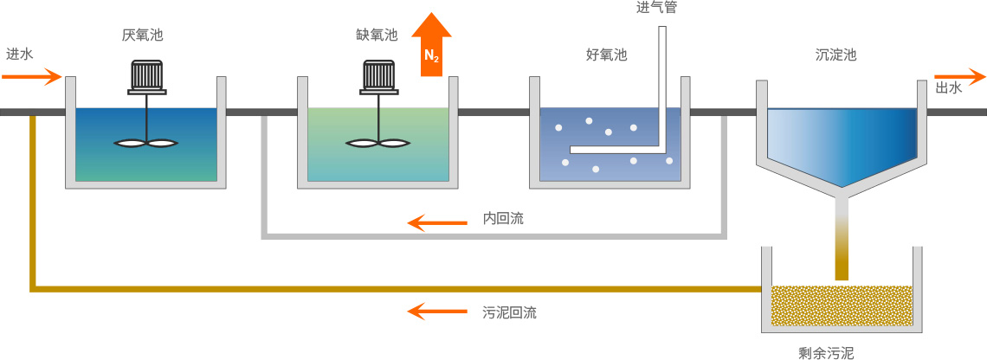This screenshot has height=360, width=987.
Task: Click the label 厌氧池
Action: click(x=143, y=35)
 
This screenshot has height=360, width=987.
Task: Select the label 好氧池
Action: click(x=606, y=55)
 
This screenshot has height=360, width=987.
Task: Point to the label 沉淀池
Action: click(x=835, y=55)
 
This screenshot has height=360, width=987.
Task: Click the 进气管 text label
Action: click(x=656, y=9)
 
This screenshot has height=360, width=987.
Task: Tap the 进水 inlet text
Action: click(x=19, y=54)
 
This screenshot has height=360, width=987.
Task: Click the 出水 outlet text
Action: click(x=949, y=88)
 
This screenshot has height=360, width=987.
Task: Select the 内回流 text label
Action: click(x=503, y=219)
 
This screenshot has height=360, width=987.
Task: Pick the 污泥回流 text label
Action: click(x=509, y=312)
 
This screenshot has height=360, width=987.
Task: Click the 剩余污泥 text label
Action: click(x=826, y=352)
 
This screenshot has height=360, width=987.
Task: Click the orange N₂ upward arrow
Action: click(x=431, y=48)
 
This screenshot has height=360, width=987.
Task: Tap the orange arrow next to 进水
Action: click(x=33, y=77)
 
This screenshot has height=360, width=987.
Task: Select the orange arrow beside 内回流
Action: click(x=438, y=223)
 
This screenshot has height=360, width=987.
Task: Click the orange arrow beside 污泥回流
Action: click(x=438, y=311)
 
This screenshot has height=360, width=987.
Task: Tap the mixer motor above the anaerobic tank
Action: click(x=147, y=76)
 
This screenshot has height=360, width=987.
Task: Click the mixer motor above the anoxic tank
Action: click(x=379, y=76)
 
